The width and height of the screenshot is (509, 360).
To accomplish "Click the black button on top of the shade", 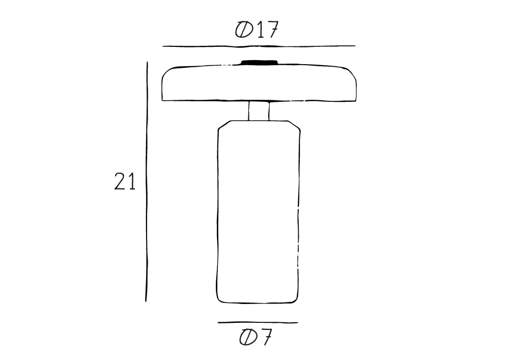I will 260,62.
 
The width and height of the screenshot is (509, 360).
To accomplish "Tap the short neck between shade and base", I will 259,111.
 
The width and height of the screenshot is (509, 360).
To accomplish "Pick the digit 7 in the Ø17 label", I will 272,31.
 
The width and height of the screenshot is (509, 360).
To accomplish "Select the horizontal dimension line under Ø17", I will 259,46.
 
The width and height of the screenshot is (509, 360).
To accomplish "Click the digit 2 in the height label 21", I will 120,182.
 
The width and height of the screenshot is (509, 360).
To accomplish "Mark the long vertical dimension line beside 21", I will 147,182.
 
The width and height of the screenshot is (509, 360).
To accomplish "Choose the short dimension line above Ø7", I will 258,322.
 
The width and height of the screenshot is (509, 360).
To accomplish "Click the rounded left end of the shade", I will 164,84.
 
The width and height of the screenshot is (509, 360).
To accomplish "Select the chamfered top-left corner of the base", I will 222,125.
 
